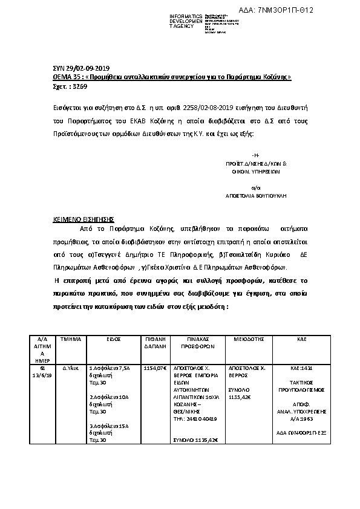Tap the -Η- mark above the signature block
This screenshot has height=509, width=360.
(x=255, y=156)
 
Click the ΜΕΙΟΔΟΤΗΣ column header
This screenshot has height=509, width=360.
(x=249, y=340)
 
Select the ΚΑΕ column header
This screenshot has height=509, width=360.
(x=302, y=340)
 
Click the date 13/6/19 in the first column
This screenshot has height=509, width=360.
(x=42, y=374)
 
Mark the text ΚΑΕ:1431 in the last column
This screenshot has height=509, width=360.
(x=301, y=367)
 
